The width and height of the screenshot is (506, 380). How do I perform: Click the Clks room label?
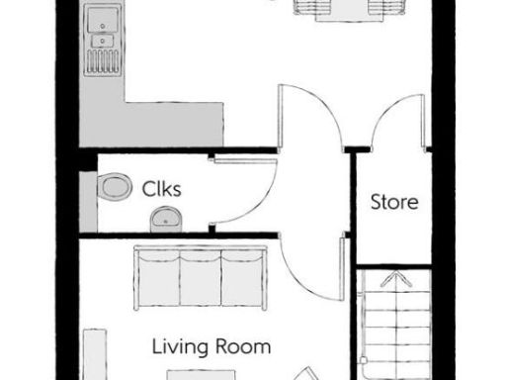160,187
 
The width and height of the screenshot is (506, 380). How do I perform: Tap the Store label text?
393,203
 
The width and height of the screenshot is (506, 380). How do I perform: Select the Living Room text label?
211,347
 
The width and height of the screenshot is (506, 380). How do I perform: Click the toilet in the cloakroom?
116,186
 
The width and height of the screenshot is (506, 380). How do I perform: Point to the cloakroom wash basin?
166,220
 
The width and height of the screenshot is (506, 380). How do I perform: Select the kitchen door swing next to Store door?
311,114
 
